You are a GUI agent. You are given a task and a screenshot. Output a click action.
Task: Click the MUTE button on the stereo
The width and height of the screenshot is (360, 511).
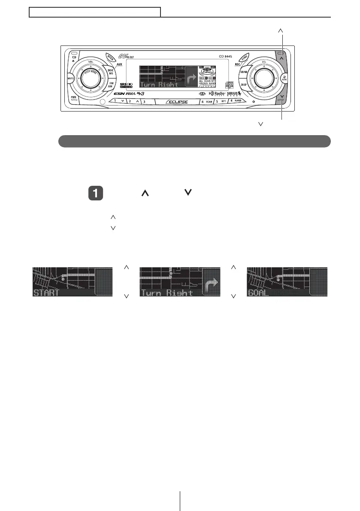click(71, 79)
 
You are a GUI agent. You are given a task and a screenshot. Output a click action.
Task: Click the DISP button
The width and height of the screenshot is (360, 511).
click(244, 85)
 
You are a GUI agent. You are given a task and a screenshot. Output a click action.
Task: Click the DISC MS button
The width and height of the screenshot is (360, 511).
click(110, 72)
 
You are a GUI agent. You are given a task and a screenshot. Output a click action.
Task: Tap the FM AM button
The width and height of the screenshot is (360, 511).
click(110, 85)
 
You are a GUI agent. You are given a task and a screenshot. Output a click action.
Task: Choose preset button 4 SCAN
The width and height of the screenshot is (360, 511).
click(207, 102)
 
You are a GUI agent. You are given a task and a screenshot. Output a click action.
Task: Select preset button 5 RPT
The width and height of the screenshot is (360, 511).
click(222, 102)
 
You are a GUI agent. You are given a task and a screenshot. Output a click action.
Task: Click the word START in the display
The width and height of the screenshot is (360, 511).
click(46, 293)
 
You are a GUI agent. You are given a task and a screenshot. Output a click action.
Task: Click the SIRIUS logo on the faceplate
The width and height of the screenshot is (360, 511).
click(231, 94)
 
